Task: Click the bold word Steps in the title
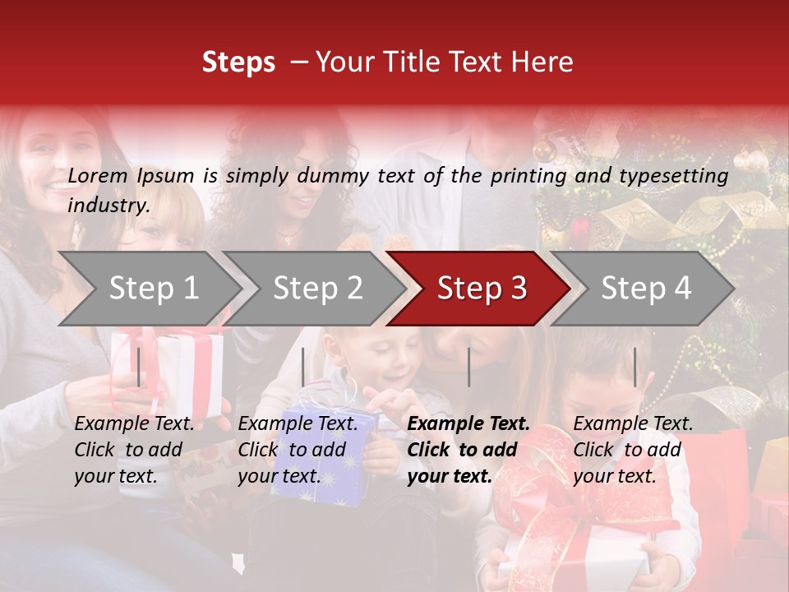[x=238, y=62]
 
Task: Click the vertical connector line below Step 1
[x=139, y=367]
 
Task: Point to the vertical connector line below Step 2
[x=303, y=367]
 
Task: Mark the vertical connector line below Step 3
[x=469, y=367]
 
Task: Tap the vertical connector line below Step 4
[x=634, y=367]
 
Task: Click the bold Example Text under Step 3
[x=468, y=450]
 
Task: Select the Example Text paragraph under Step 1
[x=134, y=450]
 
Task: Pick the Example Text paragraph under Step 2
[x=298, y=450]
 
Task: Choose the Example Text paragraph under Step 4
[x=633, y=450]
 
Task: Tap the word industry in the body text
[x=108, y=205]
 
